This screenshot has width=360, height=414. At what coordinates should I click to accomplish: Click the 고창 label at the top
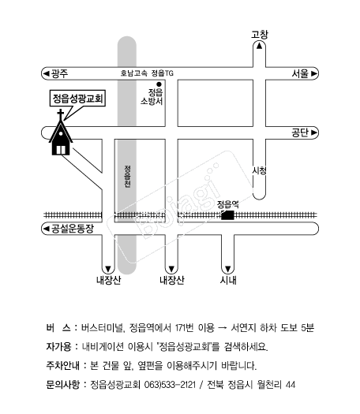coord(259,35)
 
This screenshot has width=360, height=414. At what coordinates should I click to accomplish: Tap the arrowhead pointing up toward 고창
coord(259,46)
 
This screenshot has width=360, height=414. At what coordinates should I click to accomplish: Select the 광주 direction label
coord(59,73)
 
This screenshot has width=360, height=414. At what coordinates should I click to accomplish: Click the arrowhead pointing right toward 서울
coord(314,73)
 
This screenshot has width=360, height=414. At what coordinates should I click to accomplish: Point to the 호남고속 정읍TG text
coord(147,73)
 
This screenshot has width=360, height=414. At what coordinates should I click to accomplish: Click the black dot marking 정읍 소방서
coord(159,84)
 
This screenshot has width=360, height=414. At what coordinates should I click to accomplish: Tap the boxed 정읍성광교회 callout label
coord(77,99)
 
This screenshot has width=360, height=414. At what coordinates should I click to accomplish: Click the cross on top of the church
coord(61,115)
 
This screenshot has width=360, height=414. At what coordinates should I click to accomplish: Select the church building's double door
coord(61,150)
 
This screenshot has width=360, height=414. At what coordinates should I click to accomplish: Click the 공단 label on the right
coord(300,132)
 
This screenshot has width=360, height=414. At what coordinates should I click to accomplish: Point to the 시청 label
coord(259,170)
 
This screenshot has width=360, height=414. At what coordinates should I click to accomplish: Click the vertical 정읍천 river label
coord(128,177)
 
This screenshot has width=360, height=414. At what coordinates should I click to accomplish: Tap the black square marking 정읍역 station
coord(227,215)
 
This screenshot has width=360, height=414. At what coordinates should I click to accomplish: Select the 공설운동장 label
coord(72,229)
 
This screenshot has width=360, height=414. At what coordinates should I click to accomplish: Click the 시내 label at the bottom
coord(228,280)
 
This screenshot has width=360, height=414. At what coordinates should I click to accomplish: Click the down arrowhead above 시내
coord(228,270)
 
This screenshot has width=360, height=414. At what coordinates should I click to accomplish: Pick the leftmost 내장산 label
coord(108,280)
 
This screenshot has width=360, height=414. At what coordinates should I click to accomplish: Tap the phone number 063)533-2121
coord(171,385)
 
